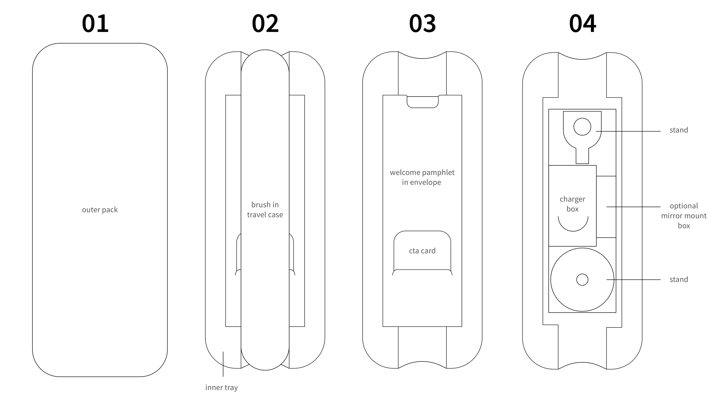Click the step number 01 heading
coord(95,24)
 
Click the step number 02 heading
coord(265,24)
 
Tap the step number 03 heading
coord(422,24)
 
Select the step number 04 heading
coord(582,24)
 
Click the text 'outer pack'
coord(100,210)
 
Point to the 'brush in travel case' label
coord(265,210)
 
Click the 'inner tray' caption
coord(221,387)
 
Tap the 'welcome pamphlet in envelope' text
coord(422,177)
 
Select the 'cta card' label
coord(422,251)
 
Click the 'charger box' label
coord(572,204)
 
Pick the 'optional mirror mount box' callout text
coord(684,215)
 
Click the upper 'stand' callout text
coord(679,130)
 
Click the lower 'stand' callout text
coord(679,279)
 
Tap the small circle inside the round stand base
coord(582,280)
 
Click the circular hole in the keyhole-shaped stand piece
coord(582,127)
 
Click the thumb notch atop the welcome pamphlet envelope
coord(422,102)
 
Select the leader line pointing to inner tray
coord(223,364)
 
